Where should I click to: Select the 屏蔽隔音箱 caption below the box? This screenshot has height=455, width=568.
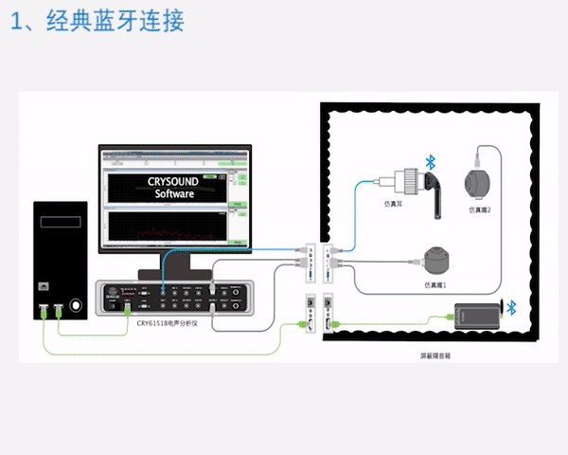pyautogui.click(x=435, y=358)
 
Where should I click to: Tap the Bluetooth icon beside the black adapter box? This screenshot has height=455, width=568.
pyautogui.click(x=512, y=306)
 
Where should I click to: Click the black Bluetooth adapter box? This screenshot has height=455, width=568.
pyautogui.click(x=477, y=316)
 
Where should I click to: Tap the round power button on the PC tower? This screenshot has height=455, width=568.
pyautogui.click(x=42, y=285)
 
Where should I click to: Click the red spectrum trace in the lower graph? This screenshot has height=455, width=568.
pyautogui.click(x=151, y=233)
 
